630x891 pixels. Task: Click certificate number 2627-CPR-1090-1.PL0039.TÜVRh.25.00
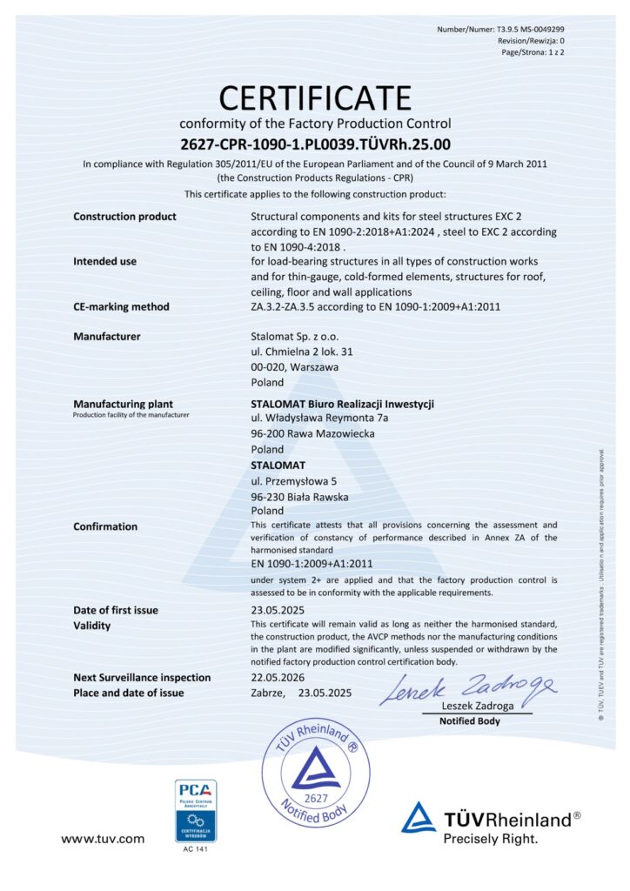315,144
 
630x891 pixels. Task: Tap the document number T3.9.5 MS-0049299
519,29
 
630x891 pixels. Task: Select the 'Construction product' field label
124,217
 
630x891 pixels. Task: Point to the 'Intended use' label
104,261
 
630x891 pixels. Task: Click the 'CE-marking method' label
121,306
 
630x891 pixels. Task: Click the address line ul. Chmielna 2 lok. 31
301,352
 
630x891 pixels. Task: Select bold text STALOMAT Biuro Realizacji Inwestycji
342,404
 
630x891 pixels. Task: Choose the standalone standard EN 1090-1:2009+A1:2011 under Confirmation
312,564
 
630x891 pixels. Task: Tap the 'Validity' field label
92,626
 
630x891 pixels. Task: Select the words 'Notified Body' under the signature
469,721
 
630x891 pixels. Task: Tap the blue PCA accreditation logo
196,811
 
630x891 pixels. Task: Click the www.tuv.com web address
102,839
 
